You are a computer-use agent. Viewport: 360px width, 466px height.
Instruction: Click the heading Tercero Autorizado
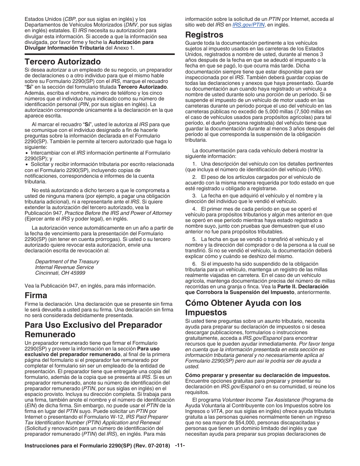[x=63, y=61]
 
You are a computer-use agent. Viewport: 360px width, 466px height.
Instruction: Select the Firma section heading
[x=36, y=295]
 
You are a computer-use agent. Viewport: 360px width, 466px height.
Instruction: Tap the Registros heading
[x=204, y=35]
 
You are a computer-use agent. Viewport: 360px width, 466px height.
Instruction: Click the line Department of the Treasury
[x=67, y=261]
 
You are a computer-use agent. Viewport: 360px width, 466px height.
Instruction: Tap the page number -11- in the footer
[x=180, y=445]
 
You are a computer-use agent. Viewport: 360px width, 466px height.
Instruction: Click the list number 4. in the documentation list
[x=194, y=209]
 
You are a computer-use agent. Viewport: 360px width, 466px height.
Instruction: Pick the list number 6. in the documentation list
[x=194, y=264]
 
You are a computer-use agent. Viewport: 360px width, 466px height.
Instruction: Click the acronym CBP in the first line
[x=70, y=19]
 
